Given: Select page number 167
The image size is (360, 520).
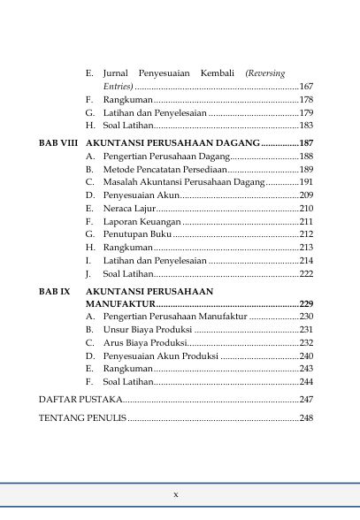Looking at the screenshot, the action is [x=306, y=87].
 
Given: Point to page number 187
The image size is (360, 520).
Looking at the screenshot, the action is [x=306, y=142].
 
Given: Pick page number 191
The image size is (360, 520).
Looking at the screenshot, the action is [x=306, y=182].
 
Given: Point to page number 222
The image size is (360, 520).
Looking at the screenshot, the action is [x=306, y=275].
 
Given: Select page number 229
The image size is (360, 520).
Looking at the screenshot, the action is [x=306, y=303].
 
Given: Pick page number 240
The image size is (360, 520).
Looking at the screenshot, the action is [x=306, y=356].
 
